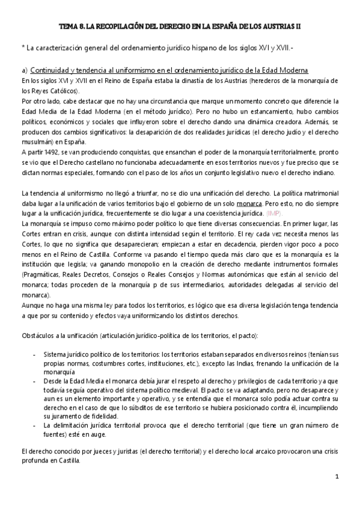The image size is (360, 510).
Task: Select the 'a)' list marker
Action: [24, 70]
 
